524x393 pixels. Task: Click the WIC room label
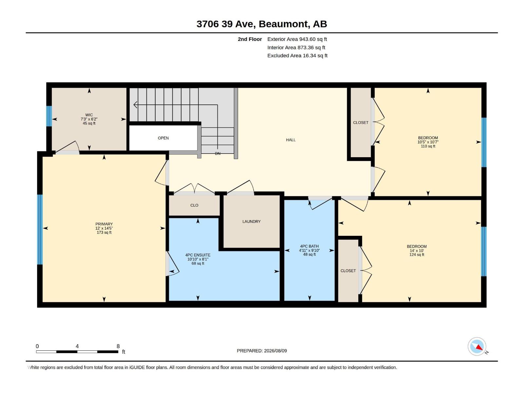(89, 115)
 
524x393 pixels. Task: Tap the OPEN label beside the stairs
(163, 138)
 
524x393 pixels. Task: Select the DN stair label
(218, 154)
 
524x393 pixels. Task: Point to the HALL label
(291, 140)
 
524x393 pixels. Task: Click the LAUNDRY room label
(252, 222)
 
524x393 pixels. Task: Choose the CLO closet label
(194, 205)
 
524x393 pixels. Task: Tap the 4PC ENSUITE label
(198, 255)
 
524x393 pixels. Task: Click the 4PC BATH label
(309, 246)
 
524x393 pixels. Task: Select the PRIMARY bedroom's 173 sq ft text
(104, 233)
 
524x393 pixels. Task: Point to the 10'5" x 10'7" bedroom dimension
(428, 142)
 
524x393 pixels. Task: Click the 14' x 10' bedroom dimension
(417, 251)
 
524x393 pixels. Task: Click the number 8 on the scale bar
(118, 346)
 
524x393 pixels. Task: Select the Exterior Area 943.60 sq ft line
(297, 39)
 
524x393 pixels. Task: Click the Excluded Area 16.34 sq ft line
(297, 56)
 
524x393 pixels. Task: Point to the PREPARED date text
(262, 351)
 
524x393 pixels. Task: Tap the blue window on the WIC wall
(49, 116)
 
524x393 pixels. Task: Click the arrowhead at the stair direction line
(135, 105)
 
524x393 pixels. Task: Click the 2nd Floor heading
(250, 39)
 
